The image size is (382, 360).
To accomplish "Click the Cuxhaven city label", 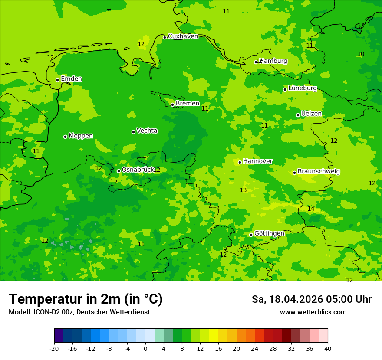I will tap(183, 36).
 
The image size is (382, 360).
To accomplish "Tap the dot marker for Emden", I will tap(57, 80).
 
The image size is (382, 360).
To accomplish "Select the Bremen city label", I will tap(188, 104).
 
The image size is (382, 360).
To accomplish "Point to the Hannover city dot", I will tap(240, 162).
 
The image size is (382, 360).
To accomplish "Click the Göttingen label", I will tap(269, 234).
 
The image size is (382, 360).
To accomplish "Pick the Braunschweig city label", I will tap(319, 172).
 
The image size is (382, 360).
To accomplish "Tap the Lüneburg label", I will tap(303, 88).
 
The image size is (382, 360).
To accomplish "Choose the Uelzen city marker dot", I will tap(298, 115).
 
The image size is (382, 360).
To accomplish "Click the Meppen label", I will tap(81, 136).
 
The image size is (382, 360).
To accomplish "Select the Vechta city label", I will tap(147, 131).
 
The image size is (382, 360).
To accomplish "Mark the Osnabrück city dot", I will tap(119, 171).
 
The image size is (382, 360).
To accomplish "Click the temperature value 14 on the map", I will tap(311, 209).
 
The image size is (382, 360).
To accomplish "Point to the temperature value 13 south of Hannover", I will tap(243, 190).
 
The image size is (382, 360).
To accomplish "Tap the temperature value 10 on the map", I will tap(361, 54).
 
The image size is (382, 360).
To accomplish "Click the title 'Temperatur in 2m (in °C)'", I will tap(86, 299).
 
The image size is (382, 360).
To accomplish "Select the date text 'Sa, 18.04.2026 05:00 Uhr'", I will tap(311, 299).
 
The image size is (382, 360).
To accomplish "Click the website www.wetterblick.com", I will tap(313, 312).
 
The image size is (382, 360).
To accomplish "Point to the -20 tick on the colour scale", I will tap(54, 349).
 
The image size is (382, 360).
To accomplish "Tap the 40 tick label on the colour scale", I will tap(328, 349).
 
